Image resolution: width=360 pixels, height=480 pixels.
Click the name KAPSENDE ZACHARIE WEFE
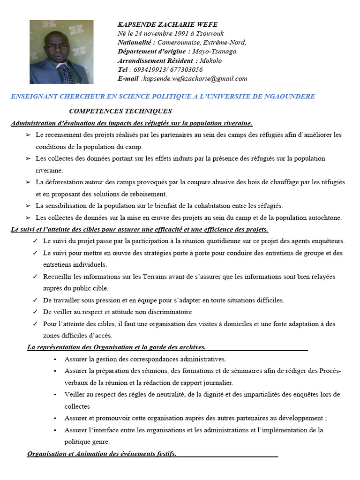click(x=167, y=24)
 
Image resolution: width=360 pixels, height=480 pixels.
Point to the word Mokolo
click(x=210, y=60)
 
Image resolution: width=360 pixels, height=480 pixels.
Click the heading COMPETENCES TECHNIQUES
click(x=120, y=111)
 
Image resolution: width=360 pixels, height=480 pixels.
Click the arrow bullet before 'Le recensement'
click(x=28, y=135)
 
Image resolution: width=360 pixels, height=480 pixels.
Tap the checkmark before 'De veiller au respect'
click(x=35, y=312)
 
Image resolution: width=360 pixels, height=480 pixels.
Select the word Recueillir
click(x=58, y=277)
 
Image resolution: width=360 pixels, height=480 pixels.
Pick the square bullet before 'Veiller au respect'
click(x=55, y=395)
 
